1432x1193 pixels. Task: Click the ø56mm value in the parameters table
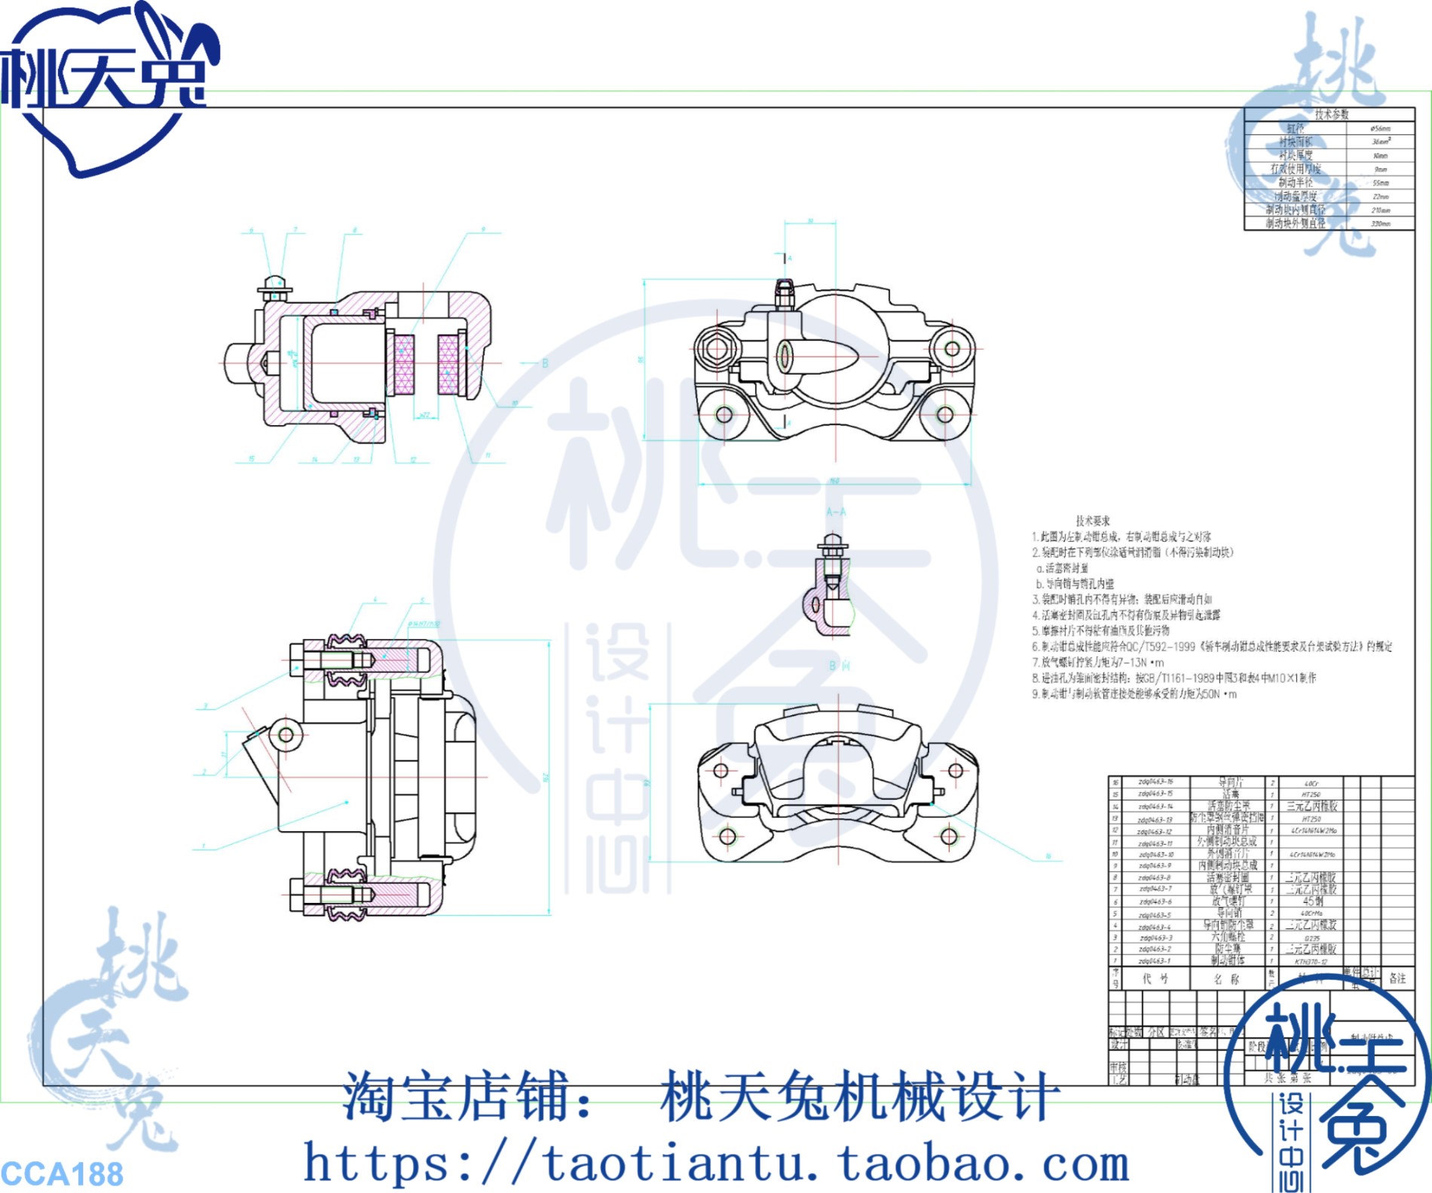pyautogui.click(x=1380, y=129)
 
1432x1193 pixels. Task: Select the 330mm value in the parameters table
pyautogui.click(x=1381, y=224)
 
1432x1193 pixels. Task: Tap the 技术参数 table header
pyautogui.click(x=1332, y=114)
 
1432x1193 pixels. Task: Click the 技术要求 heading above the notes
pyautogui.click(x=1092, y=521)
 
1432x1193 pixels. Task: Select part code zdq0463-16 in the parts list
pyautogui.click(x=1155, y=782)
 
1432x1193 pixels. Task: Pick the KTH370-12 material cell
pyautogui.click(x=1311, y=962)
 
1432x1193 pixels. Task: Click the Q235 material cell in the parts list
pyautogui.click(x=1311, y=938)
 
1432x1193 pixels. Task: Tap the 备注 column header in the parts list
pyautogui.click(x=1397, y=978)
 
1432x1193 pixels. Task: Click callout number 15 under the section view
pyautogui.click(x=251, y=458)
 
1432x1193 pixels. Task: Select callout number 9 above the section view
pyautogui.click(x=484, y=229)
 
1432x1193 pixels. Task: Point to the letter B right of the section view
pyautogui.click(x=545, y=363)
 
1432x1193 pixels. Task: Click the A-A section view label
pyautogui.click(x=836, y=512)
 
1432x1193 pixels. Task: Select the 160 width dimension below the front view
pyautogui.click(x=834, y=481)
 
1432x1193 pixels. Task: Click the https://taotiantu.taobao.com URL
pyautogui.click(x=716, y=1163)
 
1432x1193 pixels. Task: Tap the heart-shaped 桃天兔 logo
pyautogui.click(x=106, y=83)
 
